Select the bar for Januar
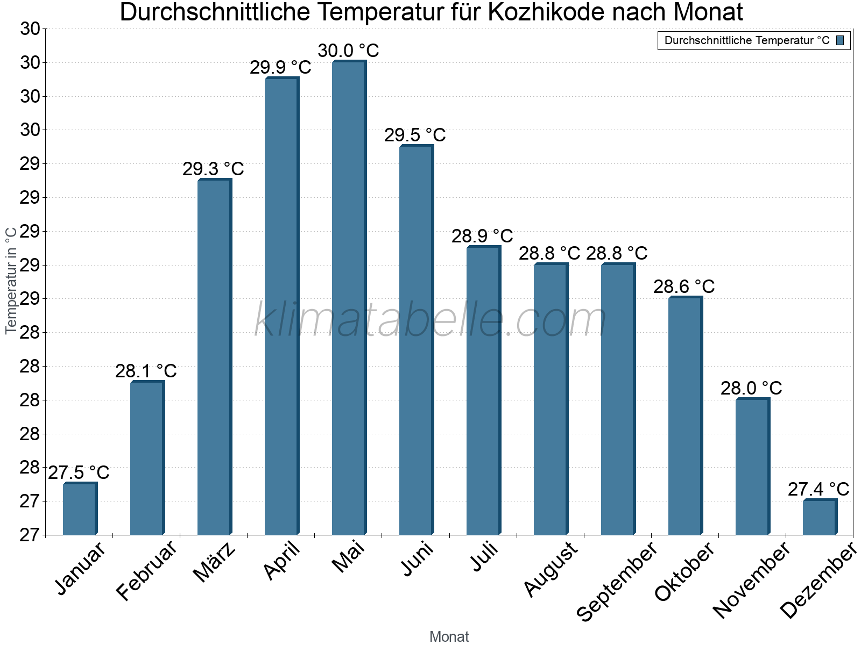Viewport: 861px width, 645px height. click(80, 509)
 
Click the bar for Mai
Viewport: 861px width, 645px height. click(349, 298)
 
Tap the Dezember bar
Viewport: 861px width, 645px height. click(820, 517)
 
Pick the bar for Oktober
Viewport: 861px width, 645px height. click(685, 416)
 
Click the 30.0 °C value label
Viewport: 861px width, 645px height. click(349, 51)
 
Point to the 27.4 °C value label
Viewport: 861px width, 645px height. click(818, 490)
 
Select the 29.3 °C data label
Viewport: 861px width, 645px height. click(213, 169)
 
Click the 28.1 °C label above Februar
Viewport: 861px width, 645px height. click(146, 371)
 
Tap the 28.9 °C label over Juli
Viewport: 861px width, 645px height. click(482, 236)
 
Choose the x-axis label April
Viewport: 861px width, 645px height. click(282, 562)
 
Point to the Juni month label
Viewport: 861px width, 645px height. click(417, 560)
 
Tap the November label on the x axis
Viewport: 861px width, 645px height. click(752, 580)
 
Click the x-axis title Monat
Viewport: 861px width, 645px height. click(449, 637)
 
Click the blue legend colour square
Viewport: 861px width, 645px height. click(840, 40)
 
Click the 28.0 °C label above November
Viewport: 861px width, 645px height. click(751, 388)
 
